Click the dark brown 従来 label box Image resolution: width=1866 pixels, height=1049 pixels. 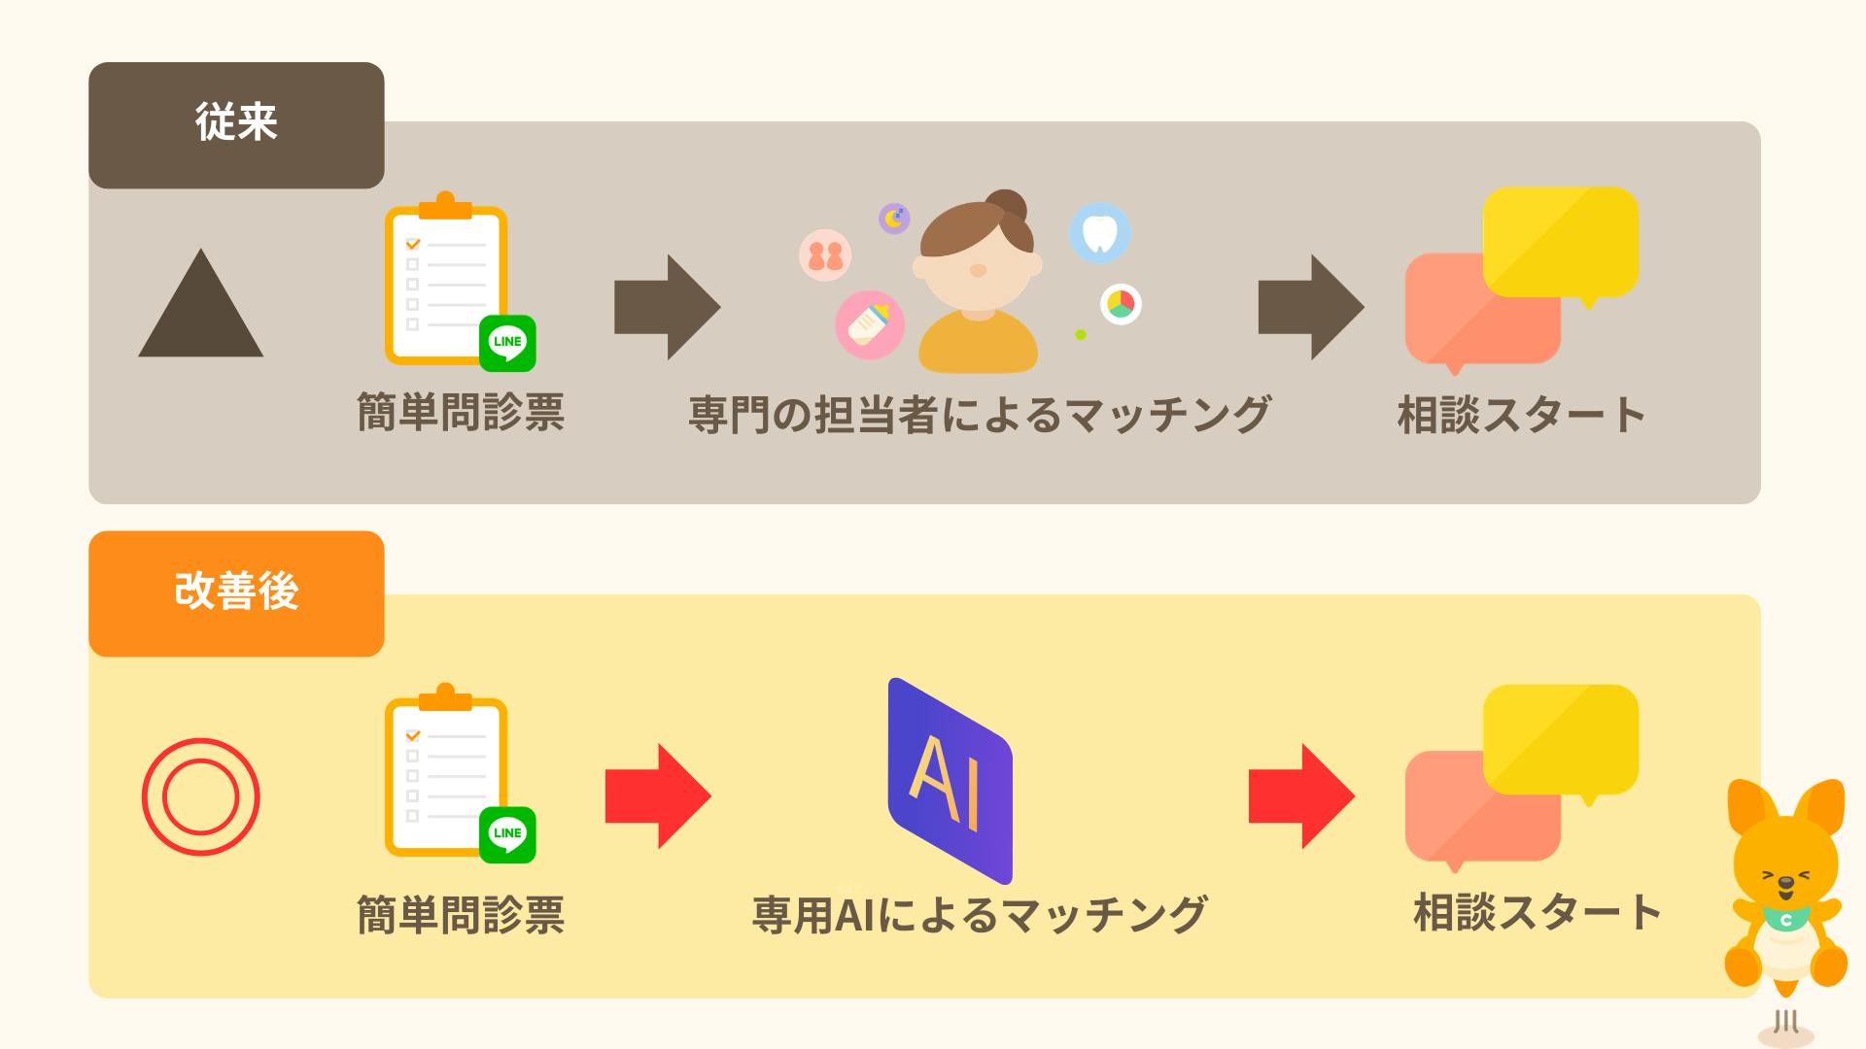pos(236,125)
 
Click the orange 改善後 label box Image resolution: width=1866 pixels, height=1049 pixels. pos(236,593)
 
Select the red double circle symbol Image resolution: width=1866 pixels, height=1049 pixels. pos(200,796)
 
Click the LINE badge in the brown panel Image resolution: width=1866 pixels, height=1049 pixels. pos(507,342)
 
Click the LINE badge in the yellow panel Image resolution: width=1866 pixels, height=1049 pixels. pos(507,833)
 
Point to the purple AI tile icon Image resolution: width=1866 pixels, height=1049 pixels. pos(950,781)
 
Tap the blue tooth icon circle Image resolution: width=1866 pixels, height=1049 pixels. pos(1099,233)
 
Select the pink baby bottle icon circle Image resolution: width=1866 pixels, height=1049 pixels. pos(869,324)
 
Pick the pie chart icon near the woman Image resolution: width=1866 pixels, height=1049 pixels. pos(1121,304)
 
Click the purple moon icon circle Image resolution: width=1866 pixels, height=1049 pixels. pos(894,218)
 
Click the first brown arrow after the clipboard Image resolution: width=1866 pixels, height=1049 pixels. pos(667,307)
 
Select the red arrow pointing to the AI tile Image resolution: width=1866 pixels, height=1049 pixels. pos(658,796)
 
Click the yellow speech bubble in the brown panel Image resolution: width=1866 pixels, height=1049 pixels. pos(1561,241)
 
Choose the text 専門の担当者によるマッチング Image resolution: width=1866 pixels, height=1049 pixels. pos(979,415)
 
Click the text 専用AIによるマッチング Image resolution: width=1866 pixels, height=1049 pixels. pos(979,915)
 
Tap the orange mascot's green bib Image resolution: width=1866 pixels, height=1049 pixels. pos(1786,919)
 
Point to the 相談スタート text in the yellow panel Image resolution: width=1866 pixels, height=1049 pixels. pos(1537,913)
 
